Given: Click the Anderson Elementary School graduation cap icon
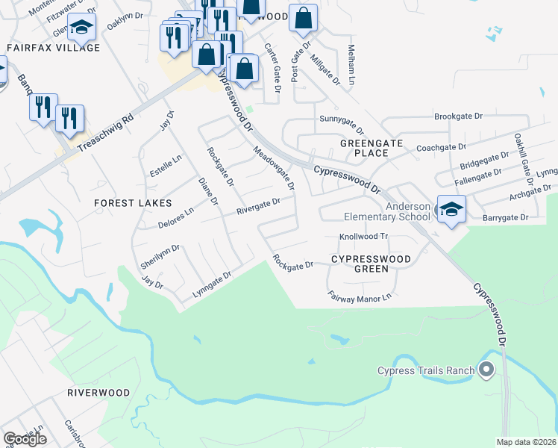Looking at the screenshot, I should point(451,208).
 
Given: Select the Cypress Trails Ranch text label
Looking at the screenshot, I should point(426,371).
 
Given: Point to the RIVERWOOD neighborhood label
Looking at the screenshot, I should point(98,393).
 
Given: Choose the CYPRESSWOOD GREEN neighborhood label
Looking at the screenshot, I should point(371,264).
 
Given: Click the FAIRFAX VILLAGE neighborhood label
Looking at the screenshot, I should point(53,48).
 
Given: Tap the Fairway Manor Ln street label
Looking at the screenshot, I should point(360,296).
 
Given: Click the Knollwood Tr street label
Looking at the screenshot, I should point(365,236).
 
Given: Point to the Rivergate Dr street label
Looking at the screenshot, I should point(258,205).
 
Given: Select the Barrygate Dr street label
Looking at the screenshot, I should point(504,218).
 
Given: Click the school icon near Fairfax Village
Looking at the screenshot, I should point(81,28).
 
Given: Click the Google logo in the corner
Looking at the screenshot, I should point(25,439).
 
